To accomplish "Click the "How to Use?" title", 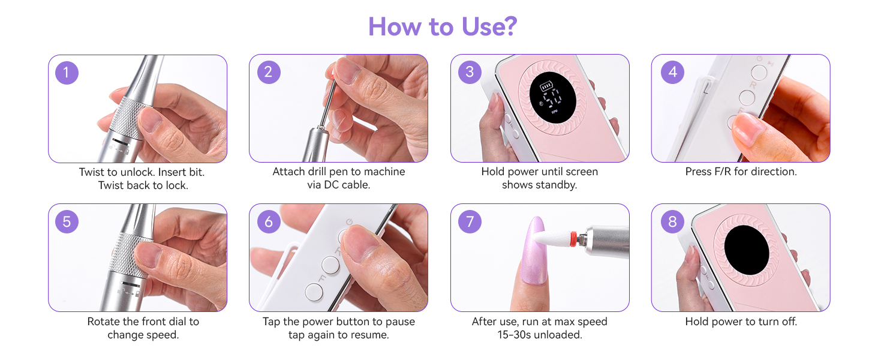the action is click(443, 26).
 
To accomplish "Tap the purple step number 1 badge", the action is click(67, 73).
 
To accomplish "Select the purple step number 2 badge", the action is click(269, 72).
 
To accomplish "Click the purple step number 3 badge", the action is click(470, 72).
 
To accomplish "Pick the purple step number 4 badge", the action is click(673, 72).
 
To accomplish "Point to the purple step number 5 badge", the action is click(67, 221).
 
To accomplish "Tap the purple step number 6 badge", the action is click(269, 221).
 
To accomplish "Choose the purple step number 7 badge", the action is click(470, 221).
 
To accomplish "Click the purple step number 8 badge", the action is click(673, 221).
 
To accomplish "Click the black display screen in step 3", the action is click(553, 98).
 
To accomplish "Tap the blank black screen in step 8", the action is click(747, 250).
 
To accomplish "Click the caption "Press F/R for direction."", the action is click(741, 172).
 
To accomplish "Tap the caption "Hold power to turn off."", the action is click(741, 322).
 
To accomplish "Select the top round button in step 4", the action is click(759, 73).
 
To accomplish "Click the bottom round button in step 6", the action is click(314, 292).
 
